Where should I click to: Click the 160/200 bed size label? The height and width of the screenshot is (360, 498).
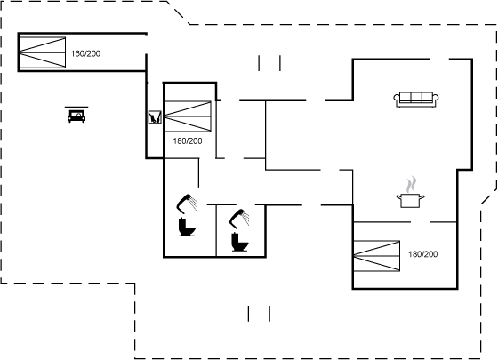click(85, 53)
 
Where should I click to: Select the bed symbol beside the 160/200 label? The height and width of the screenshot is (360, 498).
click(43, 52)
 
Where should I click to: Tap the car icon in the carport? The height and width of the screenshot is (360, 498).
click(76, 116)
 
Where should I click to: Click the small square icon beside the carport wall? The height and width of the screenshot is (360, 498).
click(155, 116)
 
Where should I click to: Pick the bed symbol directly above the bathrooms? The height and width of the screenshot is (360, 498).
click(188, 116)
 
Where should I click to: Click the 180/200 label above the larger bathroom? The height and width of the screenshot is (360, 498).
click(188, 141)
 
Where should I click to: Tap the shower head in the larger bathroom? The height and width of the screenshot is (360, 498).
click(187, 204)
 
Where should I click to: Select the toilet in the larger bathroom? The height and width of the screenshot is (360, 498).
click(187, 227)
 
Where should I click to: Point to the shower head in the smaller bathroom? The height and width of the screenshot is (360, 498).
click(239, 219)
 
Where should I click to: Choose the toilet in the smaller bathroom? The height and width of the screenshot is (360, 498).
click(240, 242)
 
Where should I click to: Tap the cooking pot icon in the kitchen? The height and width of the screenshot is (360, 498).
click(410, 201)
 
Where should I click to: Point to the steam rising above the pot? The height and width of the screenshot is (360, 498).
click(411, 184)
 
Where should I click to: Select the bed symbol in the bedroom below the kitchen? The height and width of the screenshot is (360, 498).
click(377, 256)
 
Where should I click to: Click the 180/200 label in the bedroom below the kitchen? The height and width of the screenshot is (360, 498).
click(422, 254)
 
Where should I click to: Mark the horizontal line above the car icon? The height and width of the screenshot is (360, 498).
click(76, 107)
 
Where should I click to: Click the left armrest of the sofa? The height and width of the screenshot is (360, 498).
click(397, 100)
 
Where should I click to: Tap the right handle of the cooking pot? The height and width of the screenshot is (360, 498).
click(422, 197)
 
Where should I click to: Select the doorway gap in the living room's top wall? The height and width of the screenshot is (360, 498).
click(439, 59)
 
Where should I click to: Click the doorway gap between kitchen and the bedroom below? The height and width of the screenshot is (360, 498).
click(420, 222)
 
